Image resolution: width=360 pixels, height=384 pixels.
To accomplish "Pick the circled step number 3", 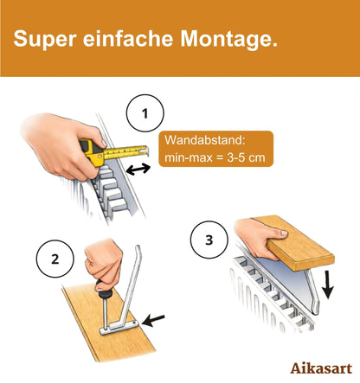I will pos(206,240).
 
